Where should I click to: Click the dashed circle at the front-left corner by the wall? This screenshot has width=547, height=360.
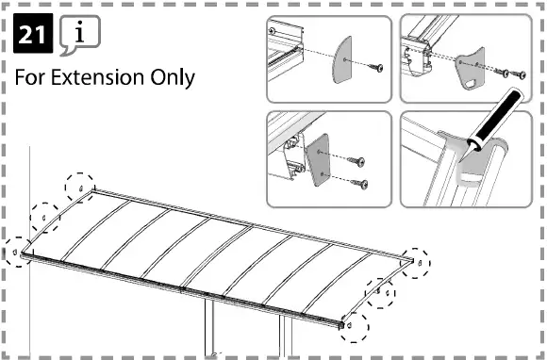tap(17, 251)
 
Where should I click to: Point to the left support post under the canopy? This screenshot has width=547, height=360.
tap(210, 335)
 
